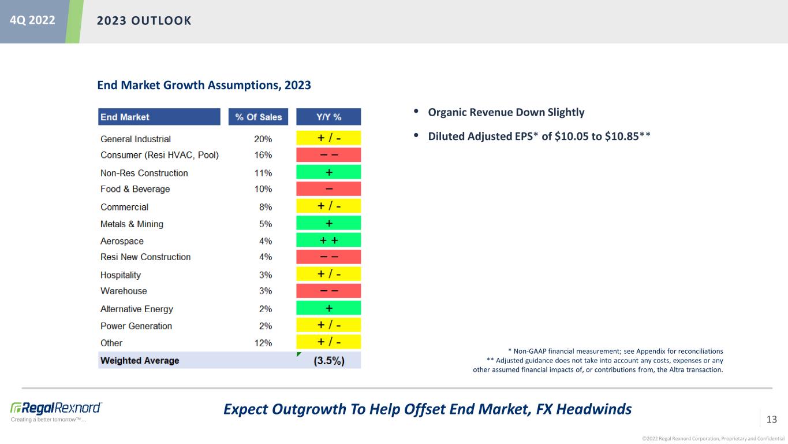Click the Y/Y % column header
(x=328, y=117)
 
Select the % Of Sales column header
(x=258, y=117)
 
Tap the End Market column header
(x=159, y=117)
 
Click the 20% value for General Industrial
(x=263, y=139)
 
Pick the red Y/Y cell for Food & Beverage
(x=328, y=189)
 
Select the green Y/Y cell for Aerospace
(x=328, y=240)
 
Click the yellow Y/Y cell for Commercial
(x=328, y=206)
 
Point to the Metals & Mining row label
(x=132, y=224)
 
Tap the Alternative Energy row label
(x=136, y=309)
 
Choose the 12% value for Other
(x=263, y=343)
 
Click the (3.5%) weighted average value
(x=329, y=361)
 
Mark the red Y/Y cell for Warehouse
(x=328, y=291)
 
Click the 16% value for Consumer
(x=263, y=155)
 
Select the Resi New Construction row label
(x=145, y=257)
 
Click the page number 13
(x=771, y=419)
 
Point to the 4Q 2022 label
(x=32, y=20)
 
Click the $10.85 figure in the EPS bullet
(x=622, y=136)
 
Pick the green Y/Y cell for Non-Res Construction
(x=328, y=172)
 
